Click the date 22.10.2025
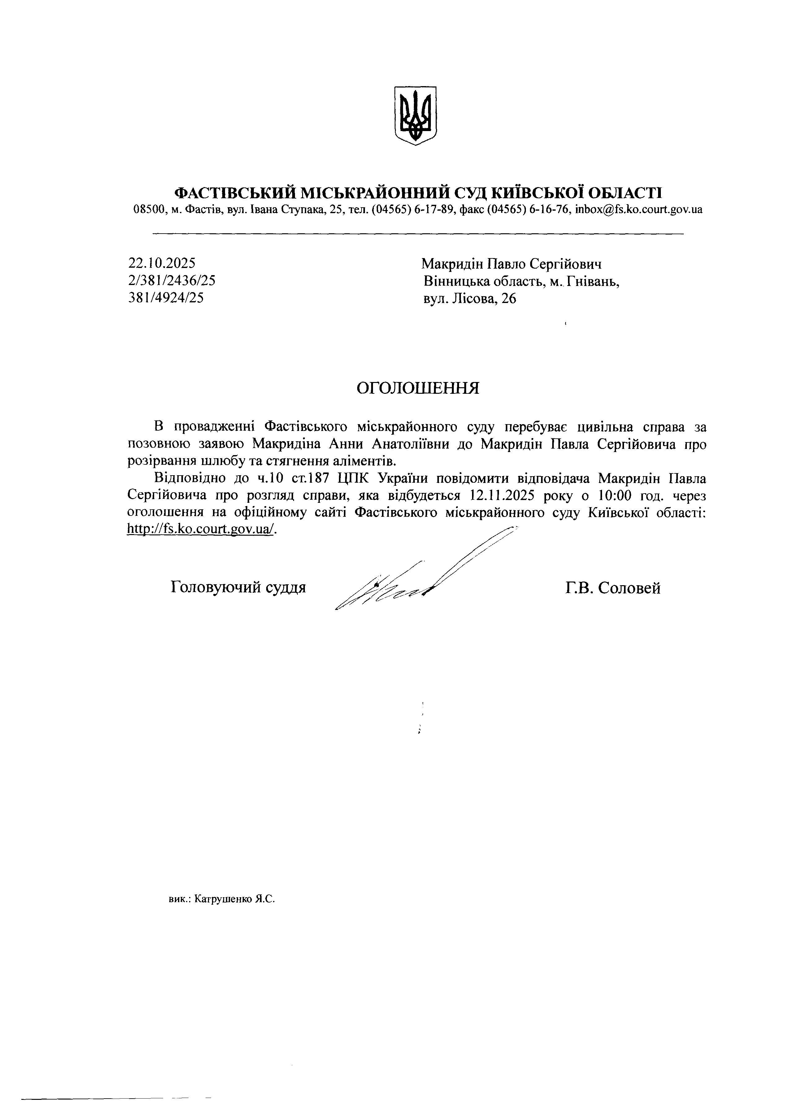(162, 263)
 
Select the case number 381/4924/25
(166, 297)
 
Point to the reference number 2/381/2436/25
(172, 280)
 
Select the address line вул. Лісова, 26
(470, 298)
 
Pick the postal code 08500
(148, 210)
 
